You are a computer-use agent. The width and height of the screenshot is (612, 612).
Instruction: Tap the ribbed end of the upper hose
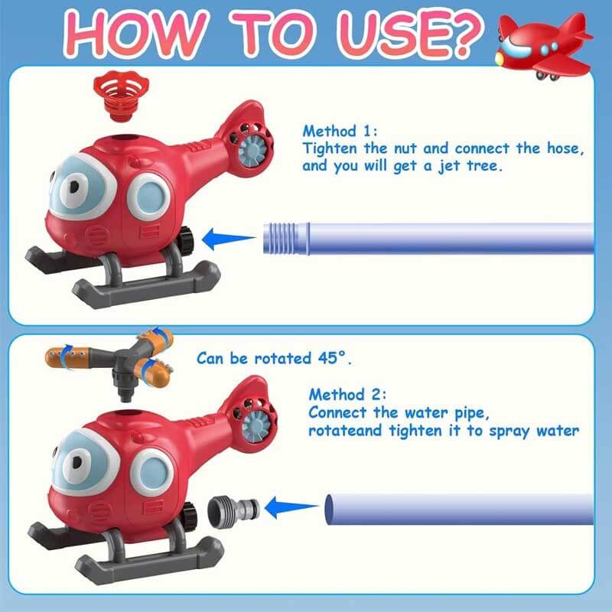(x=285, y=238)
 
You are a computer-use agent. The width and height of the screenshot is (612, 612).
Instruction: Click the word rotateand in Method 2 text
(x=340, y=431)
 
